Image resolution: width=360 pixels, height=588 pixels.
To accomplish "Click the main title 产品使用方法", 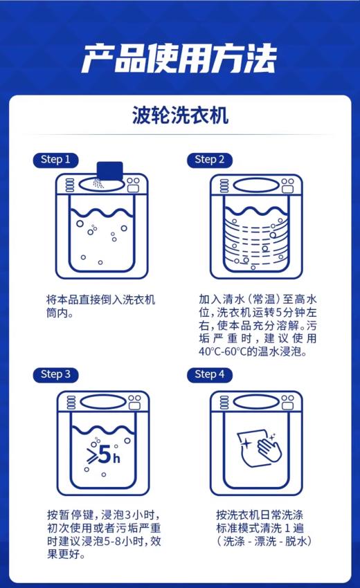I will click(179, 59).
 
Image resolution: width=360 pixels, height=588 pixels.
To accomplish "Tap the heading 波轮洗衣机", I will click(179, 115).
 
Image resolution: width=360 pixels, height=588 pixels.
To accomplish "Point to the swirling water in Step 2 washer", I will click(256, 239).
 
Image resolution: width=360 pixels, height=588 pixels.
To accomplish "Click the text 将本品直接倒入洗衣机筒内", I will click(101, 306).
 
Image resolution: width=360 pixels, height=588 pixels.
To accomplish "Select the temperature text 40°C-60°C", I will click(229, 351).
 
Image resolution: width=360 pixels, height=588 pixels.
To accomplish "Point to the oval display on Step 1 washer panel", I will click(98, 185).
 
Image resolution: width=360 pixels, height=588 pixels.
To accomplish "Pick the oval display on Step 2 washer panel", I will click(253, 185).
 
